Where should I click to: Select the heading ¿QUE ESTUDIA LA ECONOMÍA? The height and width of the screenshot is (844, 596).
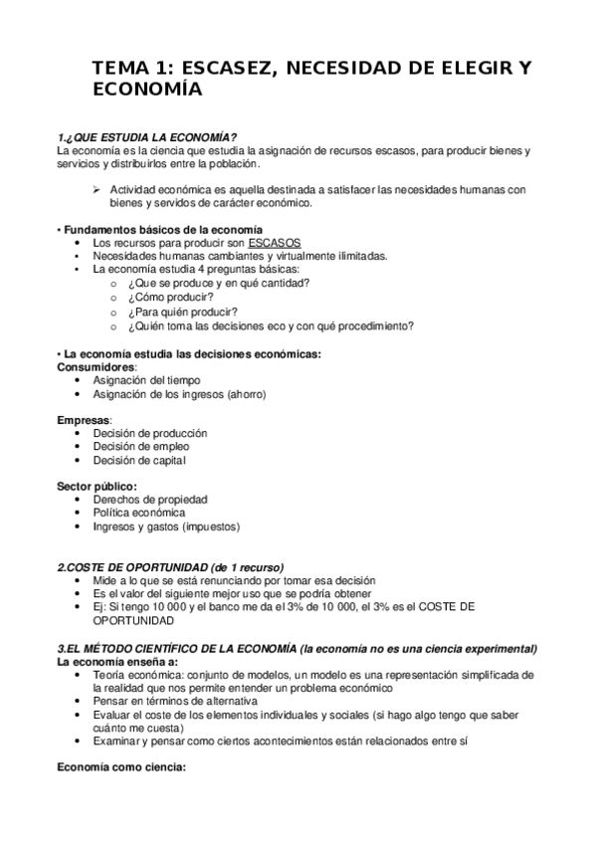pyautogui.click(x=149, y=136)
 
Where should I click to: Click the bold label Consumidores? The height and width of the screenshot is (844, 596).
pyautogui.click(x=97, y=366)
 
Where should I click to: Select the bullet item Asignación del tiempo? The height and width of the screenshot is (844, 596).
pyautogui.click(x=145, y=380)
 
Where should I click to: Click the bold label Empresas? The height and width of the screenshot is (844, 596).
pyautogui.click(x=85, y=419)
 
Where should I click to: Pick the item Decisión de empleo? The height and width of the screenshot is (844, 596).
pyautogui.click(x=140, y=447)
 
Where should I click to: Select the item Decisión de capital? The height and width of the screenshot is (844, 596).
pyautogui.click(x=139, y=461)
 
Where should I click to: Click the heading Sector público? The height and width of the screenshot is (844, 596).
pyautogui.click(x=97, y=486)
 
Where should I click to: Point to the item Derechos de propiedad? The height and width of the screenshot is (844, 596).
pyautogui.click(x=149, y=500)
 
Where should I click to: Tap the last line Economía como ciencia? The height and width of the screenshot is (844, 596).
pyautogui.click(x=120, y=768)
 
